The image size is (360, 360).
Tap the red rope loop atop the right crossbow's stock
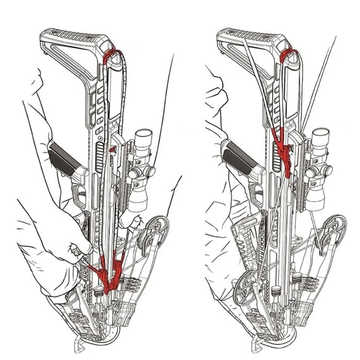click(x=287, y=57)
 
